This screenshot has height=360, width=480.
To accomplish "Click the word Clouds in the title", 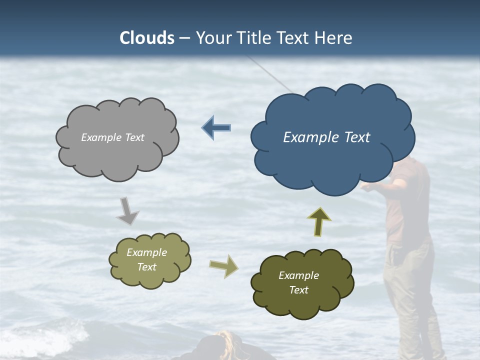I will pos(147,38).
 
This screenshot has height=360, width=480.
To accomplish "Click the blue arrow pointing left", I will pos(216,128).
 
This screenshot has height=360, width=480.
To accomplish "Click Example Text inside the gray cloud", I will pos(112,137).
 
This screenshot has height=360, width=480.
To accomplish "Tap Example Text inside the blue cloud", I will pos(326,137).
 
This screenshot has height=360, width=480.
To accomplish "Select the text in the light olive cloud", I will pos(147,259).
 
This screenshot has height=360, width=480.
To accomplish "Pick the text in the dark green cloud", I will pos(298,282).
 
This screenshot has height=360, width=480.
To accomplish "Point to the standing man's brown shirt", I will pos(405,210).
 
